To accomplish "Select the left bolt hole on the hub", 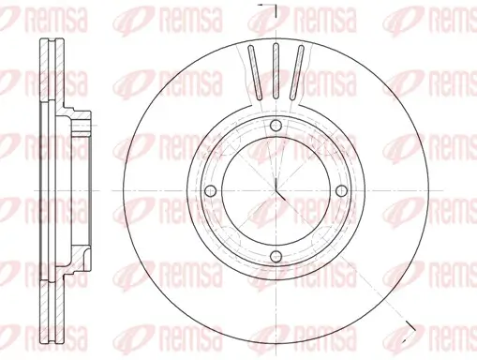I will [x=211, y=191].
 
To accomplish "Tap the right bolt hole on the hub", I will [x=343, y=191].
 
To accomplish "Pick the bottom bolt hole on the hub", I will [x=276, y=258].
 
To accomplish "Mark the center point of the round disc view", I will [x=277, y=191].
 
